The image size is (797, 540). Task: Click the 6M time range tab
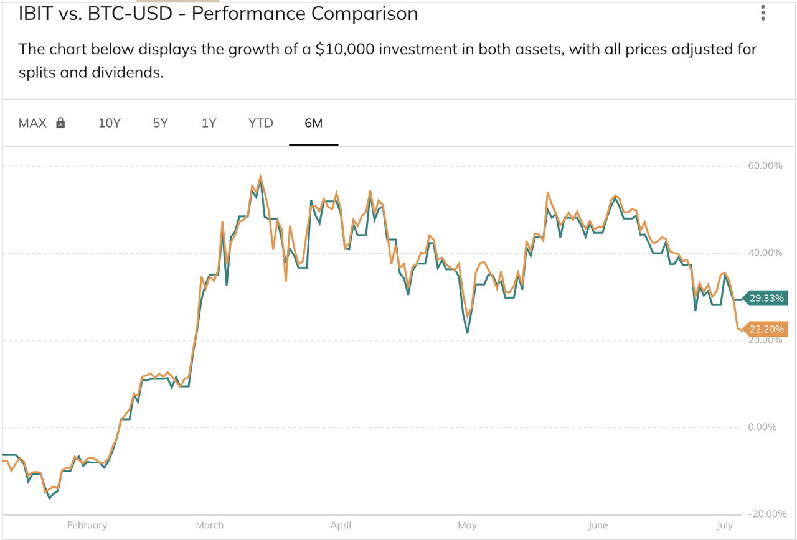pos(313,123)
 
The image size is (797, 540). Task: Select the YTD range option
pos(260,123)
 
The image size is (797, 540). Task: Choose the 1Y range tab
pos(209,123)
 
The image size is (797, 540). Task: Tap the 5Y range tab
pos(161,123)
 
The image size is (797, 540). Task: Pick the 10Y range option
pos(110,123)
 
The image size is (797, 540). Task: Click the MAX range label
pos(32,123)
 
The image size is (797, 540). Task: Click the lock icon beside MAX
pos(60,123)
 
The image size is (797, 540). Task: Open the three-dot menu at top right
pos(763,14)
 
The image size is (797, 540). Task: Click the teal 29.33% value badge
pos(766,299)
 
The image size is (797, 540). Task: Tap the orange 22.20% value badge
pos(766,330)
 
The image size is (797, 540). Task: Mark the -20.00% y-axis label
pos(764,514)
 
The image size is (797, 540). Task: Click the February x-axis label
pos(87,526)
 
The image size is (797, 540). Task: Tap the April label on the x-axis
pos(341,526)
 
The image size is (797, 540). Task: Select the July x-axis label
pos(725,526)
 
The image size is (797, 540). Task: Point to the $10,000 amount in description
pos(344,49)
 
